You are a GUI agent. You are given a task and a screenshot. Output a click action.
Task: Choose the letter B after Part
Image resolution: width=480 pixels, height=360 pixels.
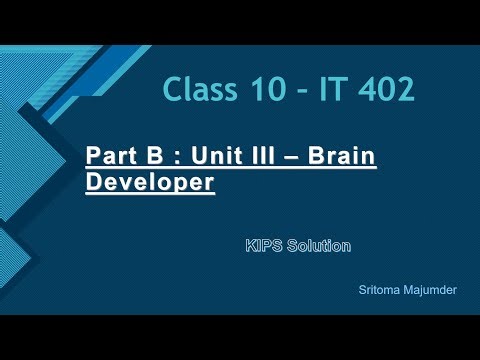click(x=145, y=158)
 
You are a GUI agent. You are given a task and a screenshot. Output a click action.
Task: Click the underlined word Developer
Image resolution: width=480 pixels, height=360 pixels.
click(x=151, y=184)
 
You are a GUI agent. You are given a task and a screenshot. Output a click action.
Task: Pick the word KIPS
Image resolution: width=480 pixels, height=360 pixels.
click(x=262, y=244)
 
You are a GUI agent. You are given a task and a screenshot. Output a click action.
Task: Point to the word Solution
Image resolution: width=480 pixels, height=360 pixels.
click(x=317, y=244)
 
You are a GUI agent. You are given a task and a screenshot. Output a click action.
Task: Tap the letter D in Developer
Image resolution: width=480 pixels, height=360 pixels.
click(x=94, y=184)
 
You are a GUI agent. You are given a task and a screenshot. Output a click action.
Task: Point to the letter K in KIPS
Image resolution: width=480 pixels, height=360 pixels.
click(x=250, y=244)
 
